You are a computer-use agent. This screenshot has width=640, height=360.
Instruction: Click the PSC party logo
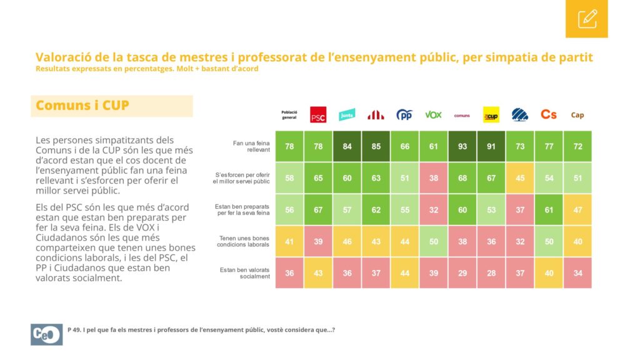click(318, 115)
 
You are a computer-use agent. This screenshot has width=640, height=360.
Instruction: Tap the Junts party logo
click(347, 115)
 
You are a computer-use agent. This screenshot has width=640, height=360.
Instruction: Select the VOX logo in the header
click(433, 115)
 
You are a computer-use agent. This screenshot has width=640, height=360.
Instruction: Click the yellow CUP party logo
click(491, 115)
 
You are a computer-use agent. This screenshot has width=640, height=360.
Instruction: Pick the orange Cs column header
click(549, 115)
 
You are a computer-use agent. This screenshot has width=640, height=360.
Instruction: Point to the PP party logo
click(404, 115)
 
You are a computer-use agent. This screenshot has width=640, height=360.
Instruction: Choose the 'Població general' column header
click(289, 115)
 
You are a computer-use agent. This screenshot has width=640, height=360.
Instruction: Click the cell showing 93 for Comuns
click(462, 146)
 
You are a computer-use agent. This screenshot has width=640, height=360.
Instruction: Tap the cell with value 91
click(491, 146)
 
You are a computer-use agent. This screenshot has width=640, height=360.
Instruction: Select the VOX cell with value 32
click(434, 210)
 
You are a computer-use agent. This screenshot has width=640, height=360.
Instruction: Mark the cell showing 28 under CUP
click(491, 273)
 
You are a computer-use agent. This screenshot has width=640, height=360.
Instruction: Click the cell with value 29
click(462, 273)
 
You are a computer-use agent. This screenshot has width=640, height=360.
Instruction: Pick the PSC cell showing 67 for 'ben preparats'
click(318, 210)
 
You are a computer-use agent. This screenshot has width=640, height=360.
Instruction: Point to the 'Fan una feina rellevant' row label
click(251, 146)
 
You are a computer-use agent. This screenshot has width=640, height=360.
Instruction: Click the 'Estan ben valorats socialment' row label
click(245, 273)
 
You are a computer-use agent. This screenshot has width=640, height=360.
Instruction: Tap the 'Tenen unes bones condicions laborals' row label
click(243, 241)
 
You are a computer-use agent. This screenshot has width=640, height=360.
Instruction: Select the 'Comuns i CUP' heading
click(82, 105)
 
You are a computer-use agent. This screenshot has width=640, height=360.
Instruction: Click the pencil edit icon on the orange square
click(587, 19)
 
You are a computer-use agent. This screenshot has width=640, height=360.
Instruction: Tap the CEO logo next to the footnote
click(46, 334)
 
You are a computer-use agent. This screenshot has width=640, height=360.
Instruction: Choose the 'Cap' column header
click(577, 115)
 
